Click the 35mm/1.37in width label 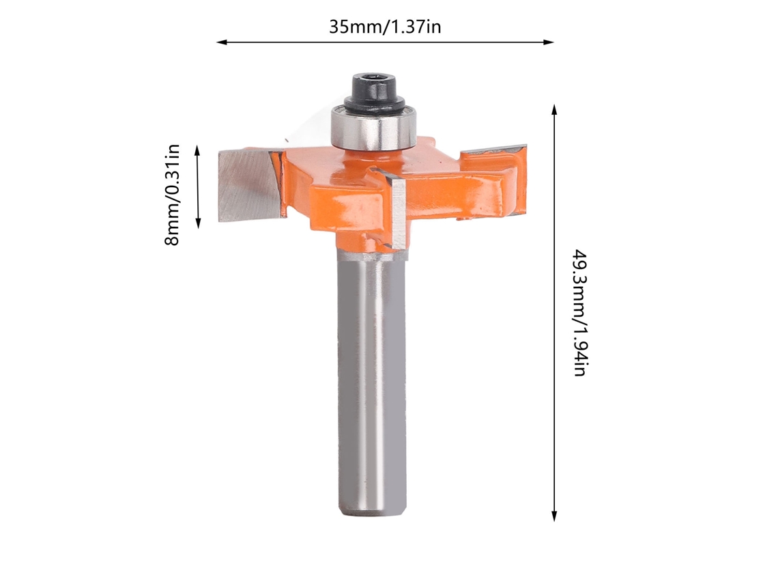coord(385,27)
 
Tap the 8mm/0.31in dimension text coord(172,195)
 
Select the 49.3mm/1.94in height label coord(580,313)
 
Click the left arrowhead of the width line coord(222,42)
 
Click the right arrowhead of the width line coord(548,42)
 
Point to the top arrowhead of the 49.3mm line coord(554,110)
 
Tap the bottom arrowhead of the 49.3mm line coord(554,516)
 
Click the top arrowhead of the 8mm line coord(198,151)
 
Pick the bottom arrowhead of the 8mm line coord(198,223)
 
